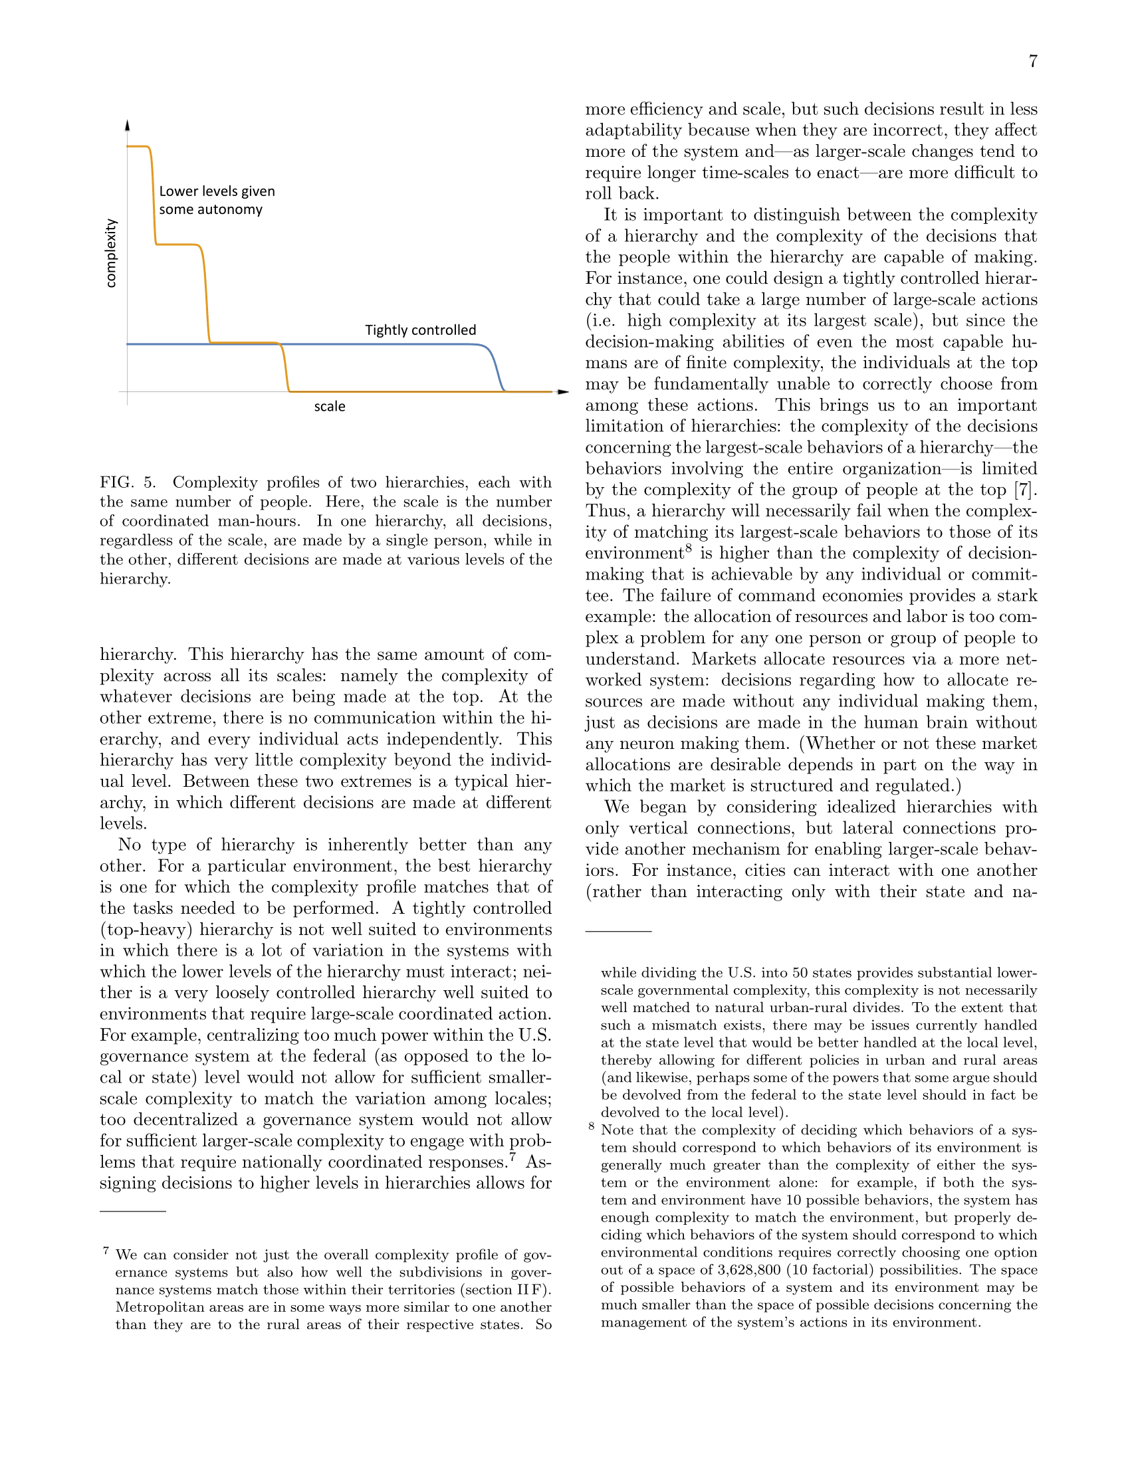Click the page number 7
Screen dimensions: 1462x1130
pos(1033,61)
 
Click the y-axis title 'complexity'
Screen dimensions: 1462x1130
pos(111,253)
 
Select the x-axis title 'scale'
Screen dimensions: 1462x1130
pos(329,406)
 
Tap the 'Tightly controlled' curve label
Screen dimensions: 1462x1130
pos(420,330)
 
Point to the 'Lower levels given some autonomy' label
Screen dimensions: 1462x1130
pos(216,200)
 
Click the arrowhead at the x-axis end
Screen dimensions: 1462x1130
pos(563,391)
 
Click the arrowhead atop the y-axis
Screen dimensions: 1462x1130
pos(127,125)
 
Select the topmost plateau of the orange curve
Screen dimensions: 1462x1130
pos(137,146)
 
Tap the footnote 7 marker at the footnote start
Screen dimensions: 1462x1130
pos(106,1251)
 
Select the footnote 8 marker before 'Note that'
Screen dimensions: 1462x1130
pos(591,1126)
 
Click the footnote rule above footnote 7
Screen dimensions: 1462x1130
pos(132,1211)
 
